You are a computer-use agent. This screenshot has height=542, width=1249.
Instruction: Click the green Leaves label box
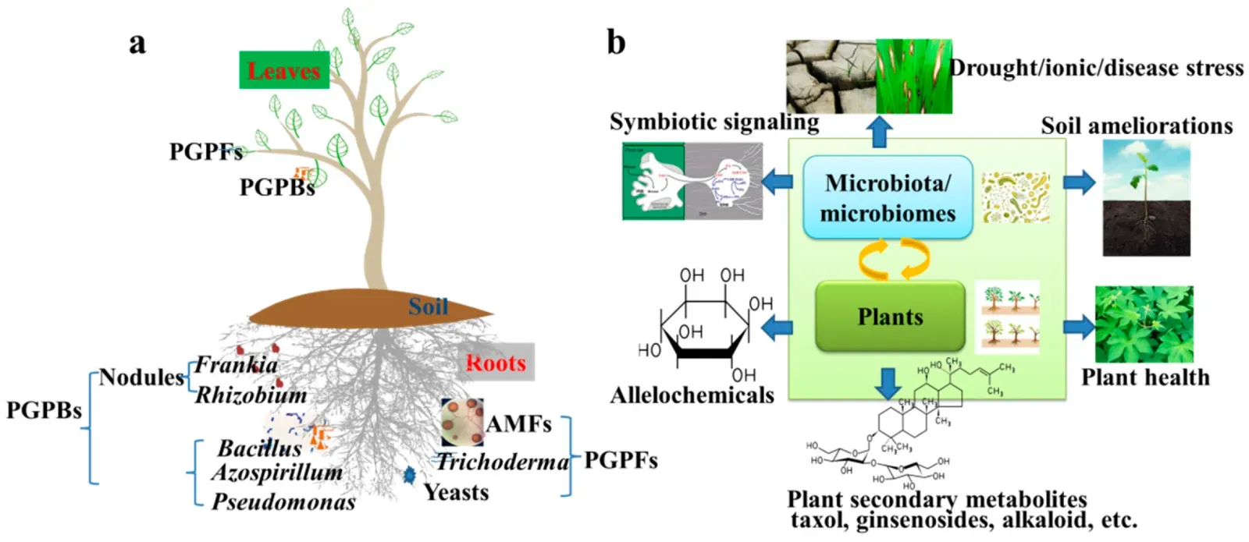(283, 70)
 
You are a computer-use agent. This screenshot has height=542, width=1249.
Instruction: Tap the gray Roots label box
(496, 362)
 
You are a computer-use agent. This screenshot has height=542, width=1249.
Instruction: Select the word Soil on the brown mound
(428, 306)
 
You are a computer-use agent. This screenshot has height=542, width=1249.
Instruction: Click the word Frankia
(236, 364)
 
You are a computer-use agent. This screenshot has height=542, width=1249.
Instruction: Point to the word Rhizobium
(251, 395)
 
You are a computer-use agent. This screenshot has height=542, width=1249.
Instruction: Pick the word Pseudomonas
(283, 501)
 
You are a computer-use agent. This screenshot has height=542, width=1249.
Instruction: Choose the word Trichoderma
(503, 462)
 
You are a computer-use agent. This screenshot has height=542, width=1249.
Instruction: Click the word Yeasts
(456, 492)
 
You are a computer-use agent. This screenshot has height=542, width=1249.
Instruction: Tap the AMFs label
(518, 423)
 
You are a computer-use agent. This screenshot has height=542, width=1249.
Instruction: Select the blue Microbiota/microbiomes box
(888, 197)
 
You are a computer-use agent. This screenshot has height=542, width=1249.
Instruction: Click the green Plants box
(889, 317)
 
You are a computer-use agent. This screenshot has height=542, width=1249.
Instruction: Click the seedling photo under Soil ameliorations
(1146, 198)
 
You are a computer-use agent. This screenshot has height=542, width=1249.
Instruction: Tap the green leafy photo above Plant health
(1144, 324)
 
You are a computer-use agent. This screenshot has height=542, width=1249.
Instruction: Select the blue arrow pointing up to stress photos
(880, 131)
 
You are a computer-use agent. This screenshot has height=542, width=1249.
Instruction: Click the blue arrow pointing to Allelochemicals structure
(777, 328)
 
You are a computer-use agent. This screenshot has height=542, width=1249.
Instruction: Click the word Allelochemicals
(692, 395)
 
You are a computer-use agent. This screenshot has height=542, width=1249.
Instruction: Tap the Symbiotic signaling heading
(713, 122)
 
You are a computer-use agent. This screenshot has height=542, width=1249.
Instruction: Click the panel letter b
(616, 42)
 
